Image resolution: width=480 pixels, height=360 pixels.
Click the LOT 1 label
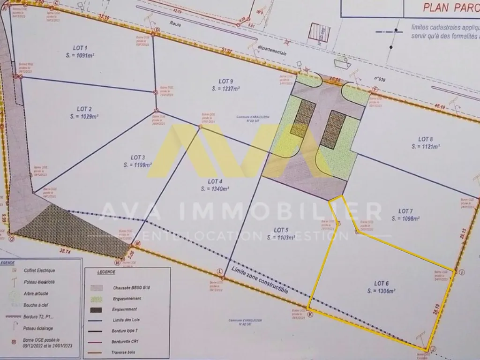coord(80,48)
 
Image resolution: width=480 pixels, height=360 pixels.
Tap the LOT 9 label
coord(226,81)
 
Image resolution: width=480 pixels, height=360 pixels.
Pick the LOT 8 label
coord(425,139)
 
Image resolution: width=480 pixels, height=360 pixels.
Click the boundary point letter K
coord(310,315)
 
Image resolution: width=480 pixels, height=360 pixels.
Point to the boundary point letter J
coord(433,348)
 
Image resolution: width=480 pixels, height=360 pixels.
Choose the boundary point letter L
coord(219,271)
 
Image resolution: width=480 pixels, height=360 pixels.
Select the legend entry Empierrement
coord(125,309)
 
